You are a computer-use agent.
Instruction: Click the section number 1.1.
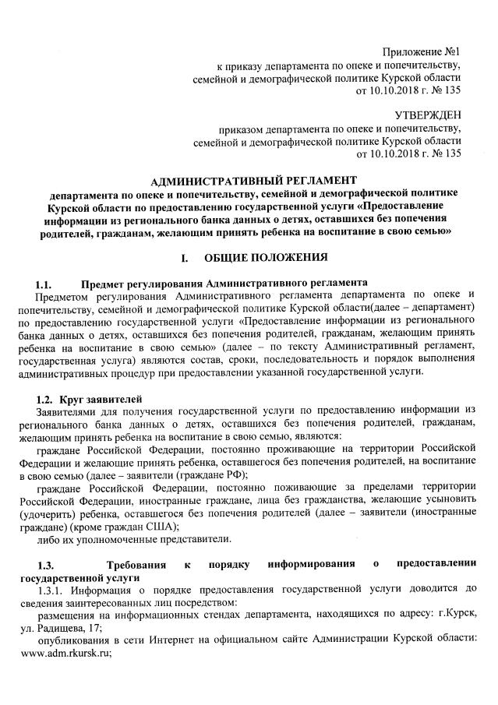click(44, 283)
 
